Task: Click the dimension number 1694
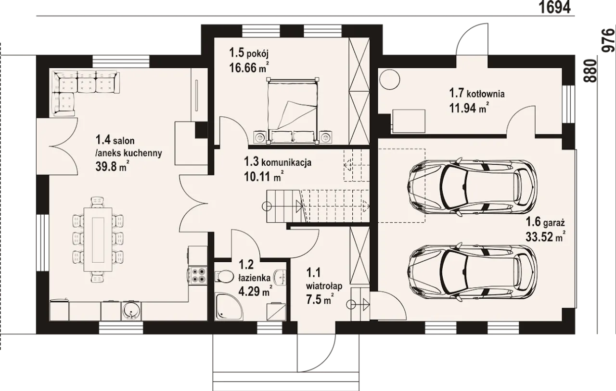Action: coord(554,7)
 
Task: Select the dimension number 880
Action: coord(590,71)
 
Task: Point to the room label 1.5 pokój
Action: coord(249,53)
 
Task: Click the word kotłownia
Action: coord(486,94)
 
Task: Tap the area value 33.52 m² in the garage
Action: coord(546,236)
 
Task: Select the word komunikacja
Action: coord(286,162)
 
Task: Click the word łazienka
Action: coord(254,278)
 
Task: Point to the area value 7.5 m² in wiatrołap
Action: coord(320,298)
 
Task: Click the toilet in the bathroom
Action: coord(224,277)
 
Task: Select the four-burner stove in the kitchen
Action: coord(198,275)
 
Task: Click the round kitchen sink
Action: coord(131,311)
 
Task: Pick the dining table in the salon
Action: coord(98,239)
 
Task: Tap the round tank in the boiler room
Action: coord(389,79)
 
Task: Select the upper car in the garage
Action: coord(473,187)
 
